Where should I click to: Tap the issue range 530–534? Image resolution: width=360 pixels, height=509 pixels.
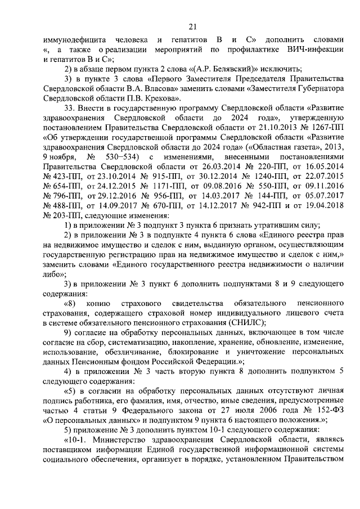click(x=134, y=156)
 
